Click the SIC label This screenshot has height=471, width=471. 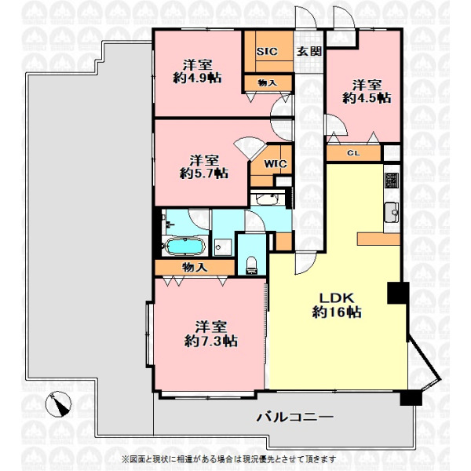pyautogui.click(x=267, y=51)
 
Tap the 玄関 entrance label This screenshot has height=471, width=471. pyautogui.click(x=309, y=51)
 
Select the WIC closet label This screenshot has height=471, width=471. pyautogui.click(x=276, y=164)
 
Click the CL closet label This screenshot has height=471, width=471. pyautogui.click(x=353, y=153)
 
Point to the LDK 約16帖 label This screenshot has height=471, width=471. pyautogui.click(x=337, y=305)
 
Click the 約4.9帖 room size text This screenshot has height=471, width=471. pyautogui.click(x=197, y=78)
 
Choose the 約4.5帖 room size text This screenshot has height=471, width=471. pyautogui.click(x=367, y=98)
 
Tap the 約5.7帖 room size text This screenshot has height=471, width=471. pyautogui.click(x=204, y=173)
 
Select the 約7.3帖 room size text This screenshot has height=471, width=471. pyautogui.click(x=211, y=341)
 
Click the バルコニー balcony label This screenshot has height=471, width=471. pyautogui.click(x=295, y=417)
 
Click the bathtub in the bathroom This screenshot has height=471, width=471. pyautogui.click(x=184, y=246)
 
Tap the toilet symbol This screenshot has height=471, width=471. pyautogui.click(x=251, y=265)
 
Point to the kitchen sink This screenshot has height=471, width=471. pyautogui.click(x=392, y=213)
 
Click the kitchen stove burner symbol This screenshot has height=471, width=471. pyautogui.click(x=392, y=181)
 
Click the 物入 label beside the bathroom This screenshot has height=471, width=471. pyautogui.click(x=195, y=267)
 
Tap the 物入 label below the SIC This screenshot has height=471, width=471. pyautogui.click(x=268, y=83)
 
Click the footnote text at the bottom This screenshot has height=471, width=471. pyautogui.click(x=229, y=459)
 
